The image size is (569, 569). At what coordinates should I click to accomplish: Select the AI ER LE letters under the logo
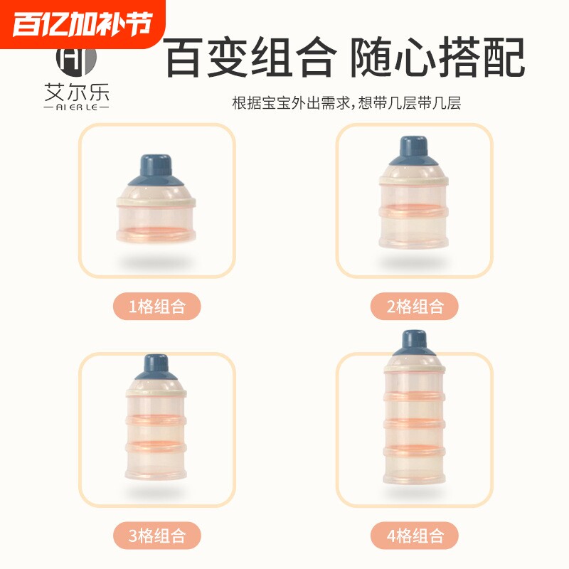coord(75,107)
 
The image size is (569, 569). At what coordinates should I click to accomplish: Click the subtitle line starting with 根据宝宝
coord(346,103)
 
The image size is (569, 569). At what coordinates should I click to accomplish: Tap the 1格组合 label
coord(156,307)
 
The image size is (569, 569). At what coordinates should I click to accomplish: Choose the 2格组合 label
coord(415,307)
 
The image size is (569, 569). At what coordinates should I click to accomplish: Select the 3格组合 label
coord(156,535)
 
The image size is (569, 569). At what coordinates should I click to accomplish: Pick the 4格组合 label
coord(415,535)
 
